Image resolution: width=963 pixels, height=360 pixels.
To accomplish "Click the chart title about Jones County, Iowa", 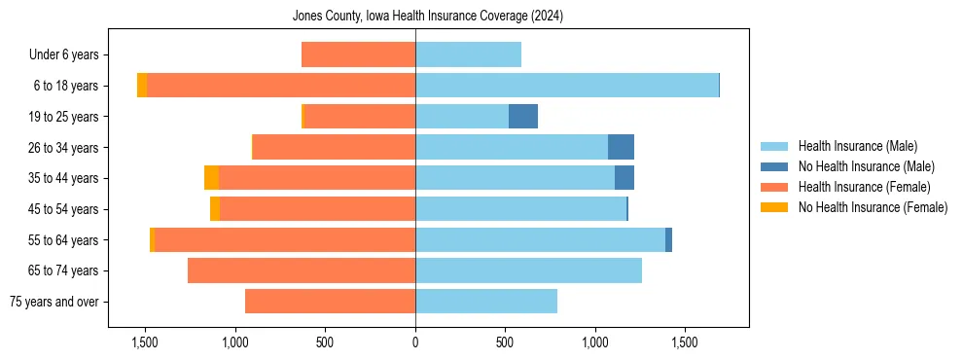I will click(428, 17).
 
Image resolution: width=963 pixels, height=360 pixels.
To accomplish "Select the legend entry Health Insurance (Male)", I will click(857, 146).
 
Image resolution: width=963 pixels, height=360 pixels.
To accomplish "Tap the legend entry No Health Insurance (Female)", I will click(873, 207).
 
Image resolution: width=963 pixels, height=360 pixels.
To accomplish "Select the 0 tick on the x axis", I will click(415, 342).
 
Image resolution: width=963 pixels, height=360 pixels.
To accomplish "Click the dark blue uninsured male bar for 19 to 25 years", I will click(523, 117).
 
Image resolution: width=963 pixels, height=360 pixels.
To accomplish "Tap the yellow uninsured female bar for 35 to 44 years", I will click(211, 178).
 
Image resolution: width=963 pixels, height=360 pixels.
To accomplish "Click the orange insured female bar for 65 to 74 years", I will click(302, 270).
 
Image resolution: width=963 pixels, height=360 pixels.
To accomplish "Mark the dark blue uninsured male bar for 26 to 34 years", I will click(621, 147).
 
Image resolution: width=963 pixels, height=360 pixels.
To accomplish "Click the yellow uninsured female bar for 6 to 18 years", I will click(142, 86).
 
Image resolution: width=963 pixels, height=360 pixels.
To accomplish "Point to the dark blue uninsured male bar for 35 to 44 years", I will click(624, 178).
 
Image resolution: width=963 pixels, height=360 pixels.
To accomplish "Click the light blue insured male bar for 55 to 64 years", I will click(540, 240).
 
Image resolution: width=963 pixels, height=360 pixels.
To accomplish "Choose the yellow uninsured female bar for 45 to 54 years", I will click(215, 209).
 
